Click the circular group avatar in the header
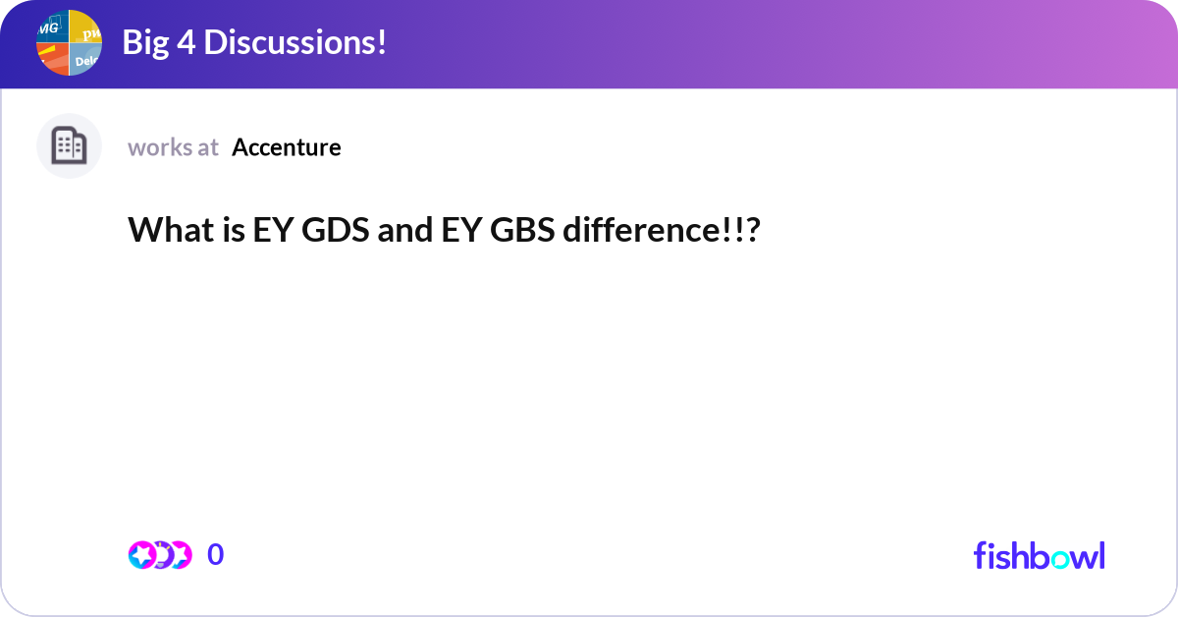click(x=69, y=43)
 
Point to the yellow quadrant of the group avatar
click(x=86, y=27)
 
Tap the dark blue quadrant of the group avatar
click(x=52, y=27)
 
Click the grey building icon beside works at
click(x=69, y=146)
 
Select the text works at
click(x=173, y=147)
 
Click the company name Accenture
click(x=287, y=147)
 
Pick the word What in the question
click(x=162, y=231)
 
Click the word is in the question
click(x=222, y=231)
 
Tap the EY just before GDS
click(x=268, y=231)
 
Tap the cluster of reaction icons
click(x=159, y=555)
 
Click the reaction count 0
click(x=215, y=555)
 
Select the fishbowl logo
click(x=1039, y=555)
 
